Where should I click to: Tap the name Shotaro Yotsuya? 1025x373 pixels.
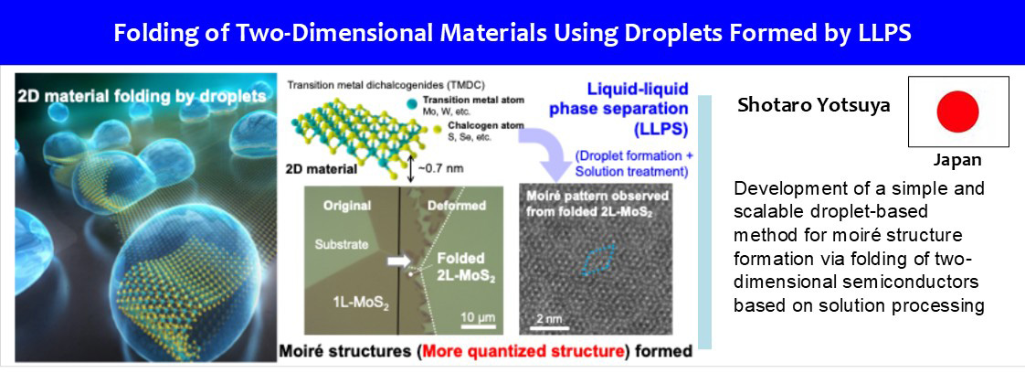[x=812, y=106]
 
